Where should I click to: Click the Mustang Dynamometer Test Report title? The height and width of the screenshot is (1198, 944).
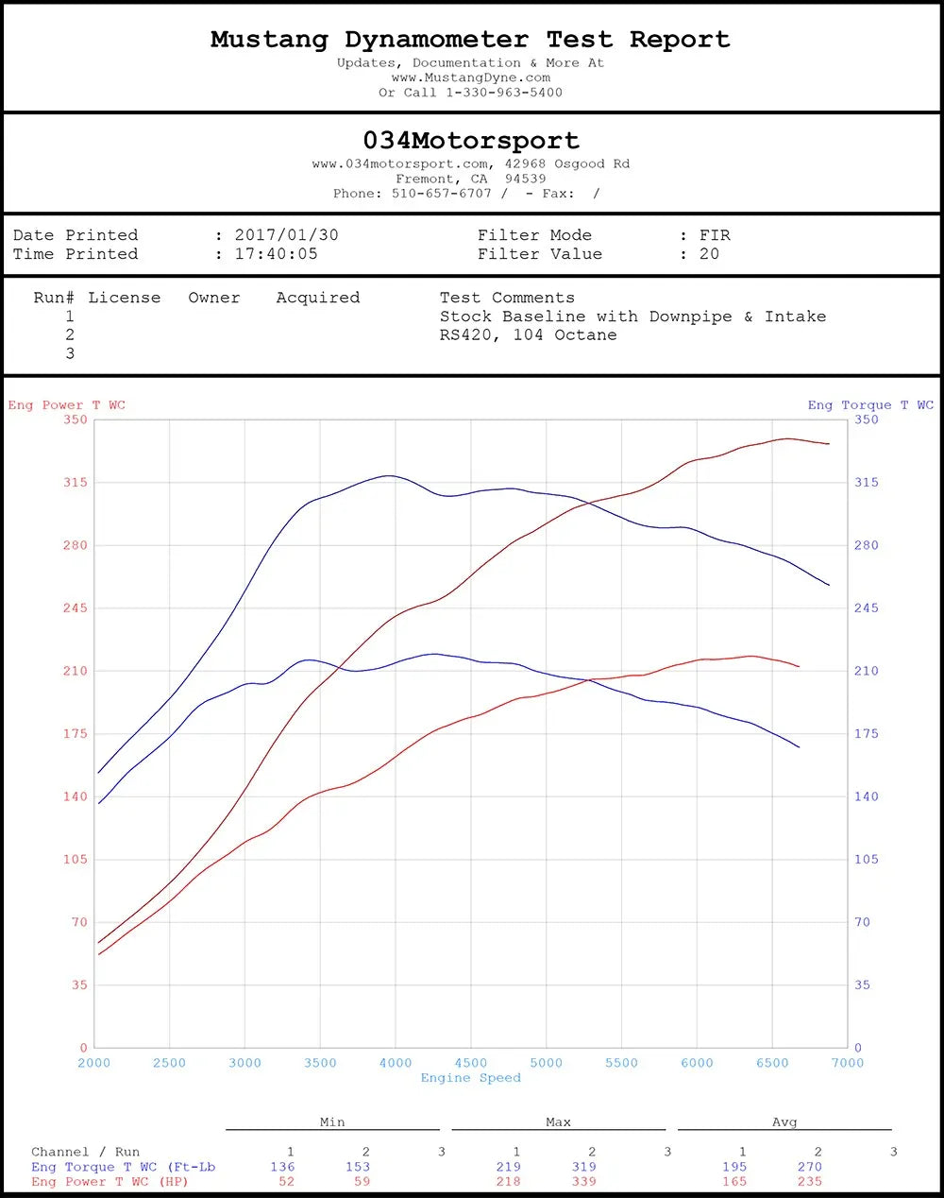tap(470, 40)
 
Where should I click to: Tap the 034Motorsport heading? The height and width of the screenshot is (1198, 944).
tap(471, 141)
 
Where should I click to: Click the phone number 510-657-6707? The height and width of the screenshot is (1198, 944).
tap(442, 194)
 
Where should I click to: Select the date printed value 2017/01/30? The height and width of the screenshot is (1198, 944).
tap(286, 235)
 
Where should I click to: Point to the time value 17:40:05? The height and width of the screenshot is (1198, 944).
tap(276, 254)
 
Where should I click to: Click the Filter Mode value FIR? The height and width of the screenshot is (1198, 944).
tap(715, 235)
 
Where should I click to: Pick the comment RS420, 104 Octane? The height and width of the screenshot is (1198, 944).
tap(528, 335)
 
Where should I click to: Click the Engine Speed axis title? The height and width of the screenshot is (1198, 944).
tap(470, 1078)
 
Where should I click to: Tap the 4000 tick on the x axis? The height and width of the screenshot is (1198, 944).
tap(396, 1063)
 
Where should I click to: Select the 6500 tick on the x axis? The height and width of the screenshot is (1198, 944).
tap(772, 1063)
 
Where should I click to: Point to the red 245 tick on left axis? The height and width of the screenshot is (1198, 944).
tap(76, 608)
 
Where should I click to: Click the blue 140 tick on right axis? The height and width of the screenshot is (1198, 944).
tap(866, 796)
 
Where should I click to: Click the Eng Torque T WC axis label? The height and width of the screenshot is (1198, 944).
tap(870, 405)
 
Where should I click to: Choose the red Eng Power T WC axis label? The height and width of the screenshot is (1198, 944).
tap(67, 405)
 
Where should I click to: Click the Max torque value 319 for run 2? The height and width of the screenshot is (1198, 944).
tap(584, 1167)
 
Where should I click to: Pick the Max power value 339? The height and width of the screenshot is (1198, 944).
tap(584, 1181)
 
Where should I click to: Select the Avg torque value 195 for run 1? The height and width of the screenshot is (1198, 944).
tap(734, 1167)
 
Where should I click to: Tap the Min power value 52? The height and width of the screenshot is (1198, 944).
tap(286, 1181)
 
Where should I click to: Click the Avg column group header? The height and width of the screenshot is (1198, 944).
tap(784, 1122)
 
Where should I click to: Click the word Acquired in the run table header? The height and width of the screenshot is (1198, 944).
tap(318, 298)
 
